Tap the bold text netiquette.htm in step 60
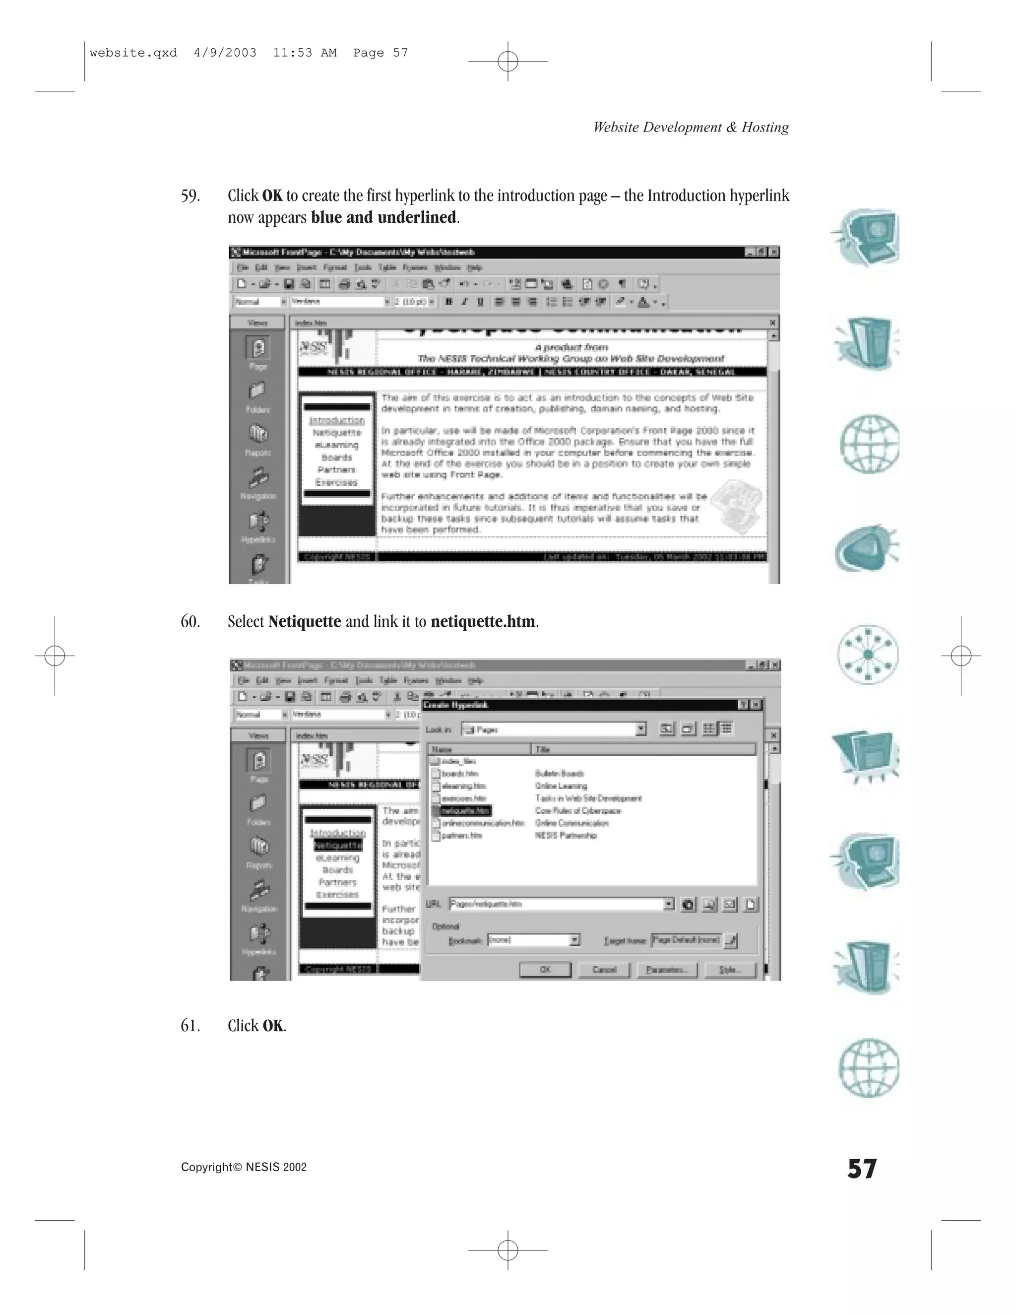point(483,622)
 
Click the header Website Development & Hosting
point(691,127)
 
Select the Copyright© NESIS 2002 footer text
point(244,1168)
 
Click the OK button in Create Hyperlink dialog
point(545,970)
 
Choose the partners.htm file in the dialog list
point(462,836)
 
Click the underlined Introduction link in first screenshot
point(337,420)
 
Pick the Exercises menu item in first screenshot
point(336,482)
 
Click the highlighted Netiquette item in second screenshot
point(338,846)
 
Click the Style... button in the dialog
point(729,970)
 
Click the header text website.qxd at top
point(133,53)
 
